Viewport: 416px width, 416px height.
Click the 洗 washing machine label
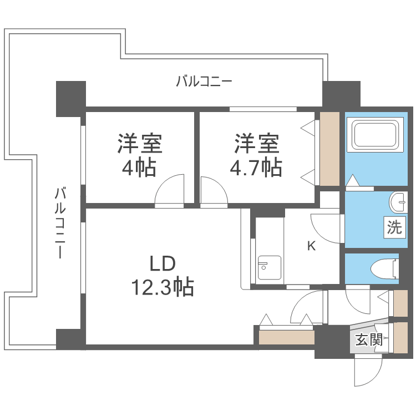pos(394,227)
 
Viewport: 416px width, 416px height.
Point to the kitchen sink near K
pos(269,268)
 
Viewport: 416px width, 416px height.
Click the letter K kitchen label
pos(312,246)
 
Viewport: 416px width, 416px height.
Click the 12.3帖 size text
pos(162,287)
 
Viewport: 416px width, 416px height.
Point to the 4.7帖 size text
pos(256,167)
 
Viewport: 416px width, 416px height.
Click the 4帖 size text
pos(139,167)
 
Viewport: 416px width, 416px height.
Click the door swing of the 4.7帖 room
pos(213,191)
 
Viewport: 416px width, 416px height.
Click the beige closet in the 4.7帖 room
pos(329,149)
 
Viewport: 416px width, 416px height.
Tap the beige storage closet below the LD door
pos(286,337)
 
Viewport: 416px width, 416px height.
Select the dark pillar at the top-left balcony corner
pos(70,98)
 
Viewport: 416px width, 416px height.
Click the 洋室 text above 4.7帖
pos(256,144)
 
